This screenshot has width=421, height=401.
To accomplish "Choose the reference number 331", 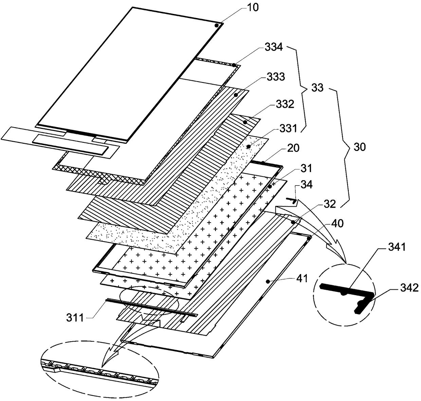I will [x=288, y=129].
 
